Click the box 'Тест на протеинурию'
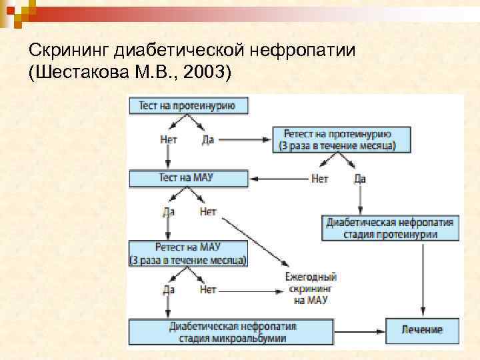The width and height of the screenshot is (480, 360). coord(181,105)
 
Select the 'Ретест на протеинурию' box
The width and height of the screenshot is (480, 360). coord(341,140)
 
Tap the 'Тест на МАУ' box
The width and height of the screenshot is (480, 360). coord(189,178)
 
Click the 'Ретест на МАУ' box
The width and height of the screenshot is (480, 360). coord(187,253)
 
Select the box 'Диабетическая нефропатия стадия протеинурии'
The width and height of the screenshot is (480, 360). coord(391,228)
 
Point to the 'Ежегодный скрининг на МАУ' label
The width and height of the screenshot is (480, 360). coord(310,289)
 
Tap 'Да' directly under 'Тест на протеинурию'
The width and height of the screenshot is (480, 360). coord(207,140)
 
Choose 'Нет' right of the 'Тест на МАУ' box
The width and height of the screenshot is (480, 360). coord(319,179)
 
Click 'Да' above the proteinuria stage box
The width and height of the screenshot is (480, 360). coord(359,179)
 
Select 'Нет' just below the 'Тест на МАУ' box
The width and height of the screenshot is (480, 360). coord(207,212)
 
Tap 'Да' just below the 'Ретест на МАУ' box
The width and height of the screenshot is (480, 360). coord(169,290)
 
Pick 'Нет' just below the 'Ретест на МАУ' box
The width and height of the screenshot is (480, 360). coord(208,290)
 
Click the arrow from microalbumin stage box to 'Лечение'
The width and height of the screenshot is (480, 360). coord(361,330)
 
